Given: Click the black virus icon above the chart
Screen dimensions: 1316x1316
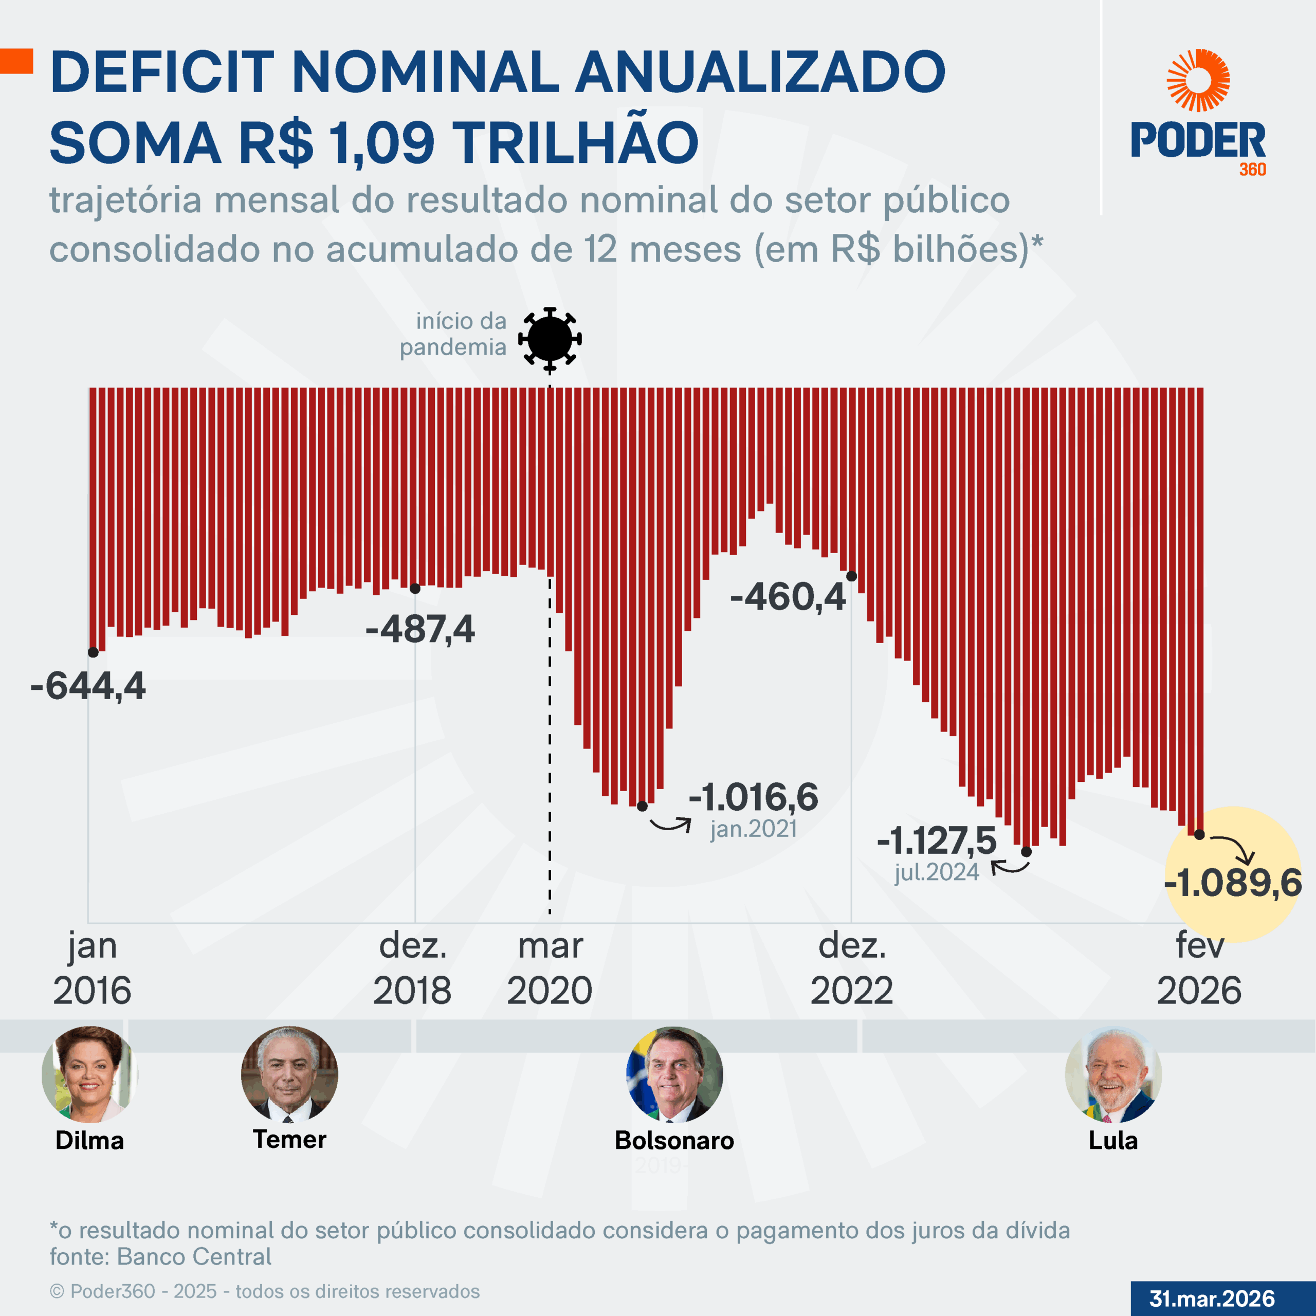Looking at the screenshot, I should pyautogui.click(x=550, y=339).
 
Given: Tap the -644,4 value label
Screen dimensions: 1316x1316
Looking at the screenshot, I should pyautogui.click(x=88, y=685).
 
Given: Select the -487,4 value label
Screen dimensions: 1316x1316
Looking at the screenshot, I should pyautogui.click(x=419, y=629).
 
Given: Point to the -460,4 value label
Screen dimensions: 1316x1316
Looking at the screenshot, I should pyautogui.click(x=788, y=597).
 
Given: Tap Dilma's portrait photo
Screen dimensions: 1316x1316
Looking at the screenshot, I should pyautogui.click(x=89, y=1074).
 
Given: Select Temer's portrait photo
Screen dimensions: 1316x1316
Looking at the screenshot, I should pyautogui.click(x=289, y=1074).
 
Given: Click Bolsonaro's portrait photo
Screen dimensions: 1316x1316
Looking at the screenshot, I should pyautogui.click(x=674, y=1074).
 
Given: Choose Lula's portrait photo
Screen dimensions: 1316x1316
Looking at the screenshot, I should pyautogui.click(x=1113, y=1074).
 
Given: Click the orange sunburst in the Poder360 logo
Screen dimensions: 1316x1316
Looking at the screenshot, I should pyautogui.click(x=1198, y=80).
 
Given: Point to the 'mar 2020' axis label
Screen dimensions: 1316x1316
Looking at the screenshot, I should pyautogui.click(x=550, y=968).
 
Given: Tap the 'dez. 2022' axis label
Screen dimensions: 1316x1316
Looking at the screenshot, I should pyautogui.click(x=851, y=968).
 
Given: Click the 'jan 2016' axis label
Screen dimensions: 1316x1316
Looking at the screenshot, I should pyautogui.click(x=92, y=968).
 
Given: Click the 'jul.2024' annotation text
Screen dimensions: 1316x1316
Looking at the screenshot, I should pyautogui.click(x=937, y=872).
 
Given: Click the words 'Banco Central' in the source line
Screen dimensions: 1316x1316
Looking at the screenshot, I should pyautogui.click(x=194, y=1257).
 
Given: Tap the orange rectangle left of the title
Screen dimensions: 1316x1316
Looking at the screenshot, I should pyautogui.click(x=16, y=61).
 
